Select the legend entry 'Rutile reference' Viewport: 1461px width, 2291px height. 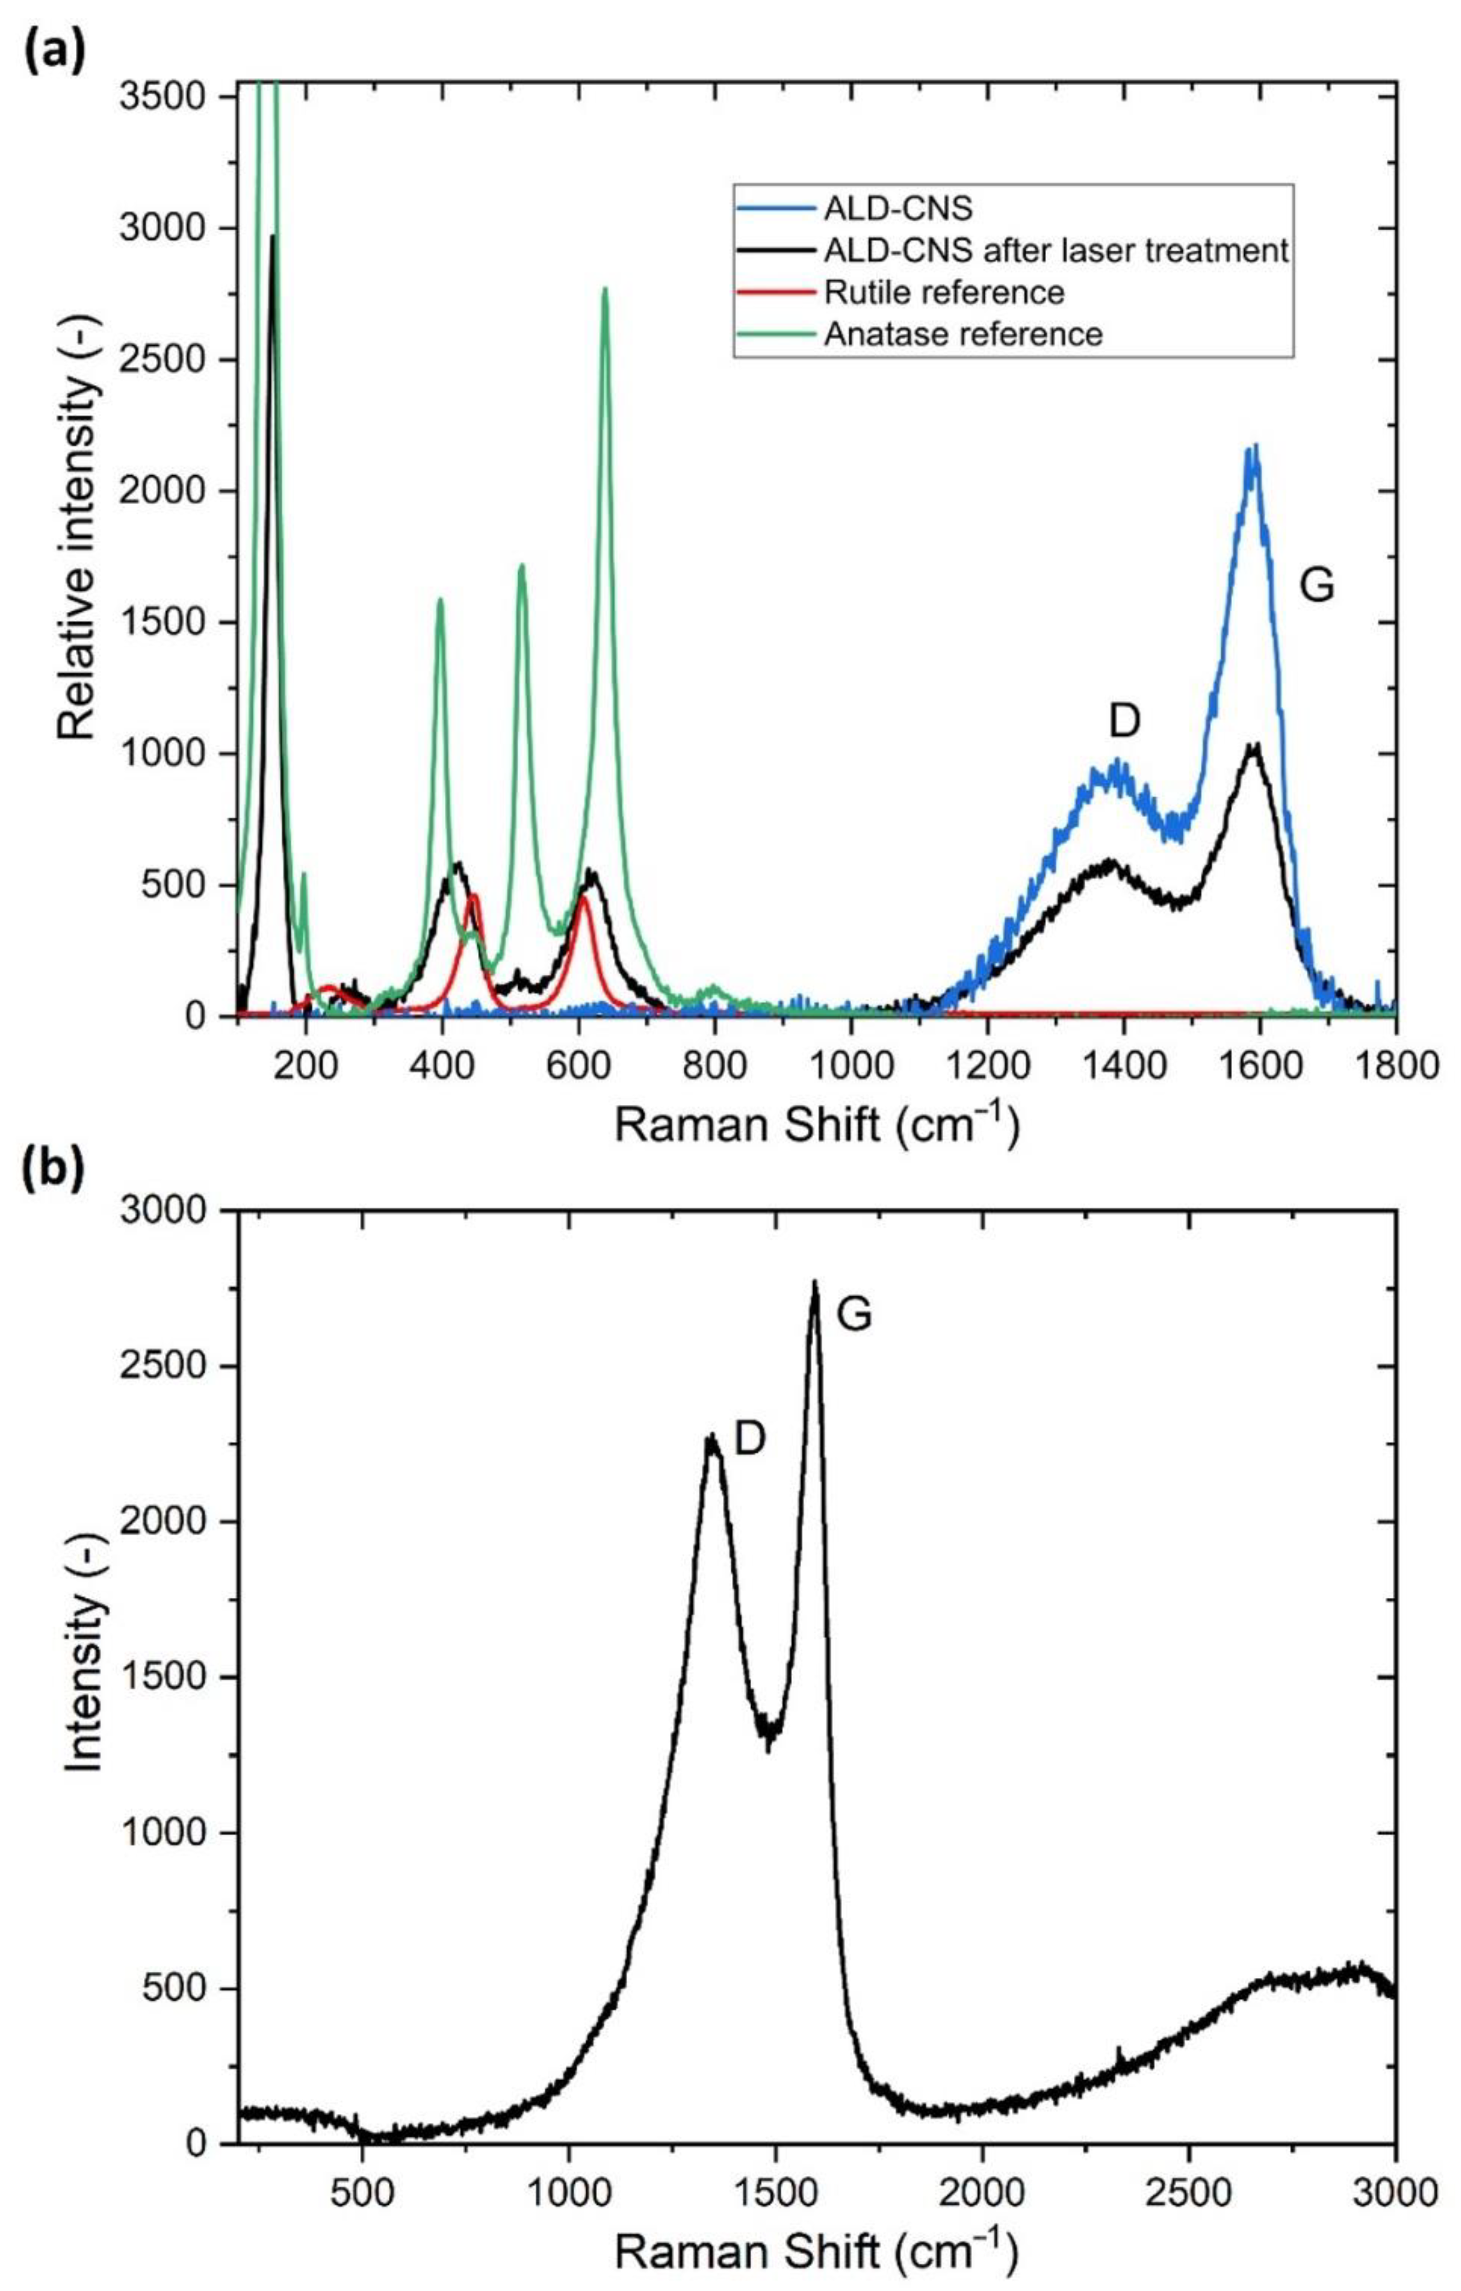click(x=944, y=292)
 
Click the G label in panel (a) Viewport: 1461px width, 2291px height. click(x=1317, y=587)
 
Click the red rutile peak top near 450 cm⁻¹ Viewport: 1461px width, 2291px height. click(x=473, y=895)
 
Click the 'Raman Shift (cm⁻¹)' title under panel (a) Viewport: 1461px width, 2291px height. click(x=815, y=1125)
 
